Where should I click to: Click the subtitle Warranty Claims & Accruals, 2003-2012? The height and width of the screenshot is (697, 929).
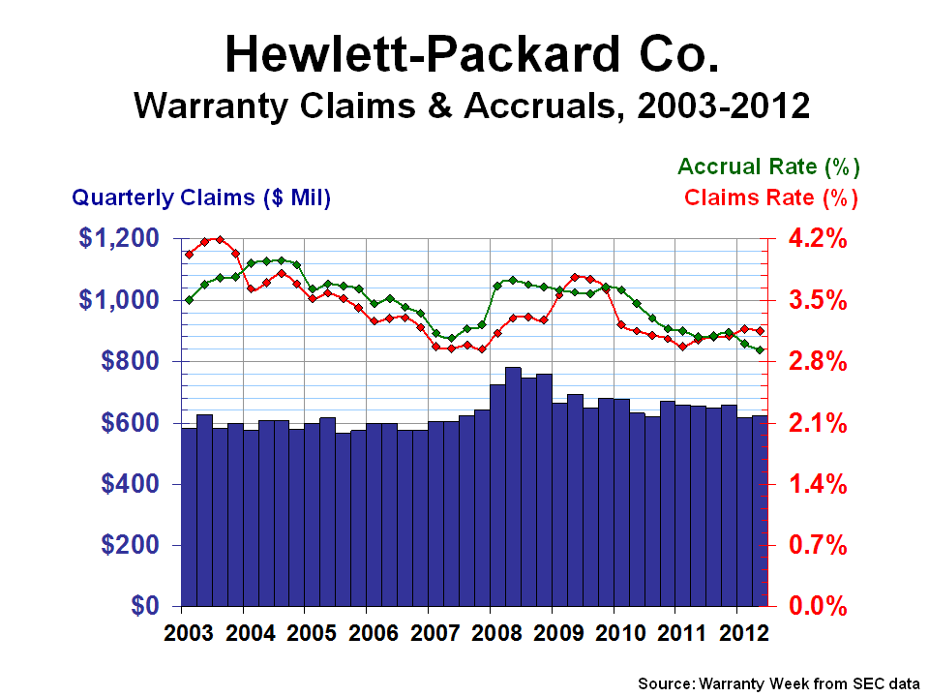472,104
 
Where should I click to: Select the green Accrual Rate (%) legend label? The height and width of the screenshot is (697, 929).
768,167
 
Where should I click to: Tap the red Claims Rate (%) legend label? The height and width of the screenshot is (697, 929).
771,197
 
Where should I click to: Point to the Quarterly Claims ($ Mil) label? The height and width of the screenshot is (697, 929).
202,197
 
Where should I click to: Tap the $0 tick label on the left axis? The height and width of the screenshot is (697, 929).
156,607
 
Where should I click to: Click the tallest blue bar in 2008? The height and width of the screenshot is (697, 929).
514,484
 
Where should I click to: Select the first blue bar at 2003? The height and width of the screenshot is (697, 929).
189,518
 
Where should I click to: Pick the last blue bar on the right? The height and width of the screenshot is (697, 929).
761,511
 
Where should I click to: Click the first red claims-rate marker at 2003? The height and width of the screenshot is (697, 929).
189,255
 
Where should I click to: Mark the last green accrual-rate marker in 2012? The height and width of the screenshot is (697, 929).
761,350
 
